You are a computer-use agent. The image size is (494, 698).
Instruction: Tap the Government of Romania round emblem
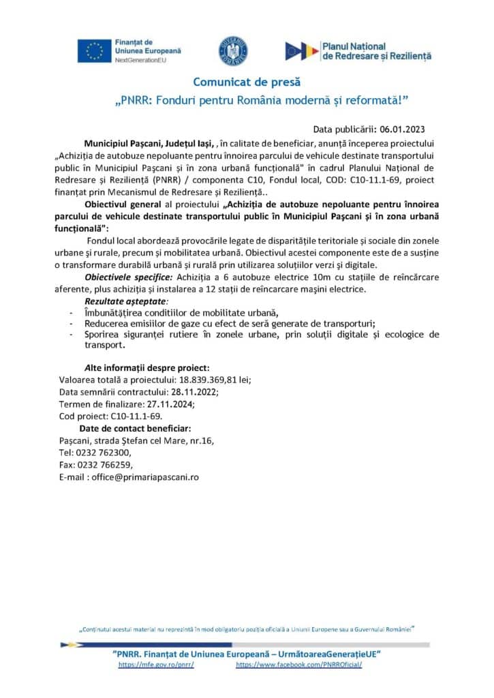tap(232, 51)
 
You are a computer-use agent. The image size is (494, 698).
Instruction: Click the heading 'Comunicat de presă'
tap(247, 82)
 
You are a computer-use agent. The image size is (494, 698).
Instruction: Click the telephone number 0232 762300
tap(104, 453)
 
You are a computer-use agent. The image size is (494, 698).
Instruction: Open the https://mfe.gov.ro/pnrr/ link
tap(156, 664)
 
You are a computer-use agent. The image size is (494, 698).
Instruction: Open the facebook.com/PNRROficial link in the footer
tap(298, 664)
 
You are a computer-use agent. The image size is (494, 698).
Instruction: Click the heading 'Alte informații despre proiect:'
tap(142, 367)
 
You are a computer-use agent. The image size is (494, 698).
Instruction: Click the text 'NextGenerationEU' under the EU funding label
tap(143, 60)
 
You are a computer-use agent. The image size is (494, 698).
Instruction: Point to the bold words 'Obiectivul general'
tap(123, 204)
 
